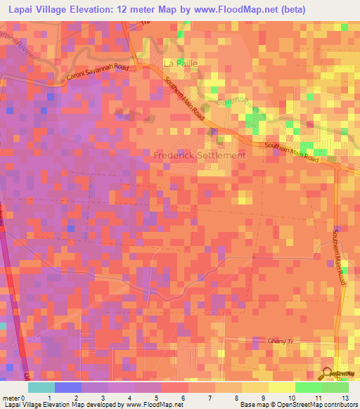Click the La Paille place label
coord(181,63)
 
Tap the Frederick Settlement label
coord(200,155)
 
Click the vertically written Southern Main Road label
coord(342,257)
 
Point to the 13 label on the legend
coord(345,397)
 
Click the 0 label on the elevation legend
coord(23,397)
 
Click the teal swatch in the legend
coord(41,387)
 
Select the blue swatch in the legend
coord(68,387)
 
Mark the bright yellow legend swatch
coord(283,387)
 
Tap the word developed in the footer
coord(98,405)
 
